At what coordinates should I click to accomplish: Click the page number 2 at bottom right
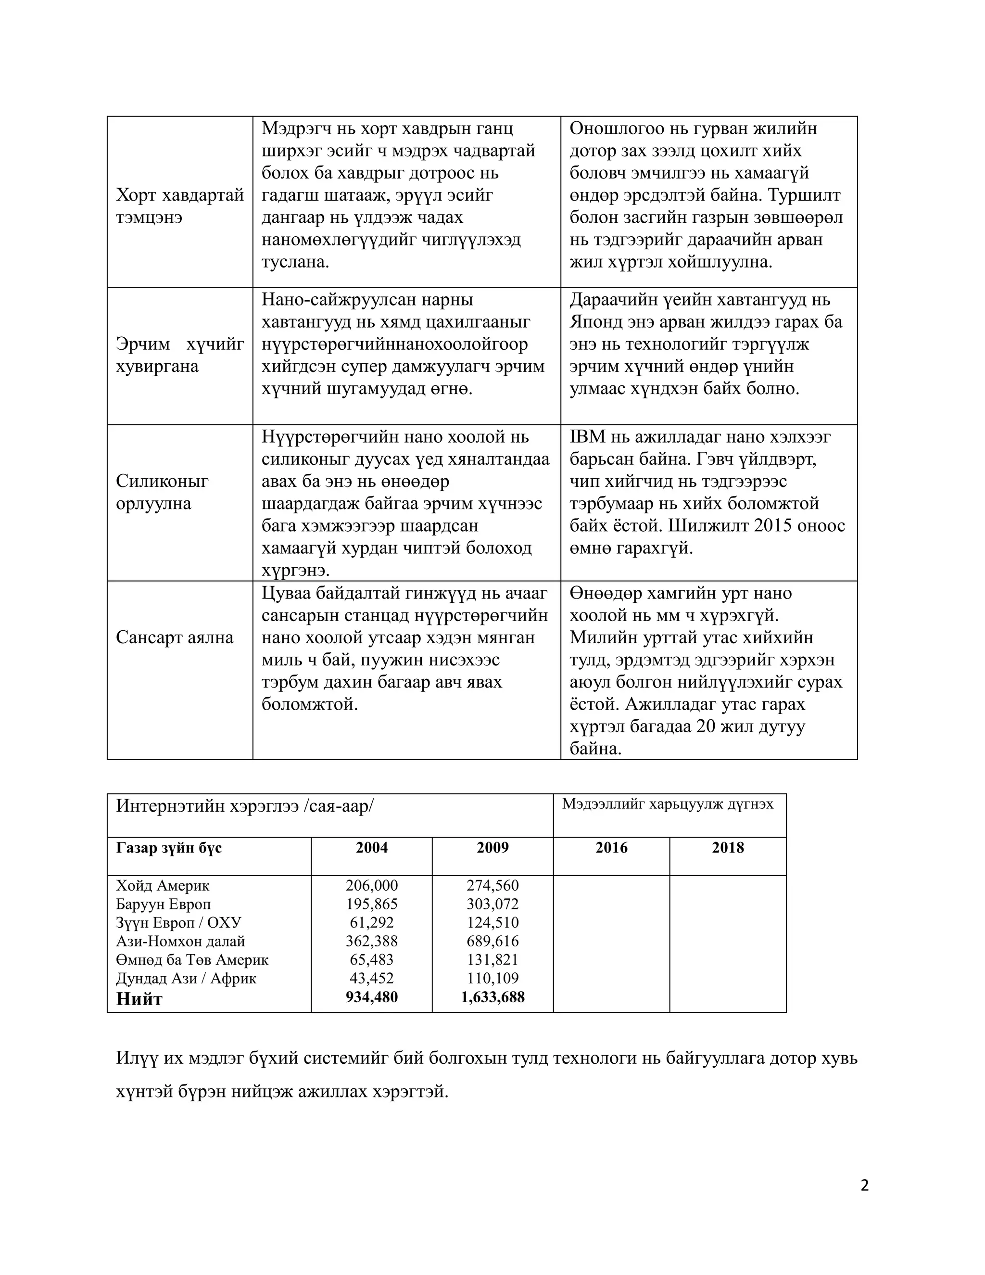[x=864, y=1186]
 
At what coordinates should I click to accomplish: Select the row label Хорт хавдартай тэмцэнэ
[x=179, y=205]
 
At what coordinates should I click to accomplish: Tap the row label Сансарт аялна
[x=175, y=637]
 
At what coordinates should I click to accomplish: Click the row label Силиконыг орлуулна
[x=162, y=492]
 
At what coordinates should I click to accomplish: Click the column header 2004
[x=372, y=848]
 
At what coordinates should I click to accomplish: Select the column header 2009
[x=492, y=848]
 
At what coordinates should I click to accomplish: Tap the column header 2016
[x=611, y=848]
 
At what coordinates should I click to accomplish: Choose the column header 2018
[x=728, y=848]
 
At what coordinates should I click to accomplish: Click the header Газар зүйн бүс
[x=169, y=848]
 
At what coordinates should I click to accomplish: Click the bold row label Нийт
[x=139, y=998]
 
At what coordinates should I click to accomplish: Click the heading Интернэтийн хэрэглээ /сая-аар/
[x=244, y=806]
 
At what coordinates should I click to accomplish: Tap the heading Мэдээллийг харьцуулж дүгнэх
[x=668, y=804]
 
